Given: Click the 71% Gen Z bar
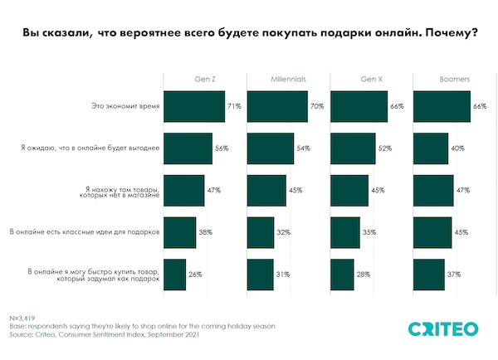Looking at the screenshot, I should pos(194,107).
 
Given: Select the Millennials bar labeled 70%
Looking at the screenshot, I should pos(277,107).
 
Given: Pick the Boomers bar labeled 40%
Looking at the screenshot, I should pos(430,148).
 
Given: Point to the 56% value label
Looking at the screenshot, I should pos(222,148).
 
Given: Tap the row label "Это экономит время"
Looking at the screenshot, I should pos(124,107).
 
